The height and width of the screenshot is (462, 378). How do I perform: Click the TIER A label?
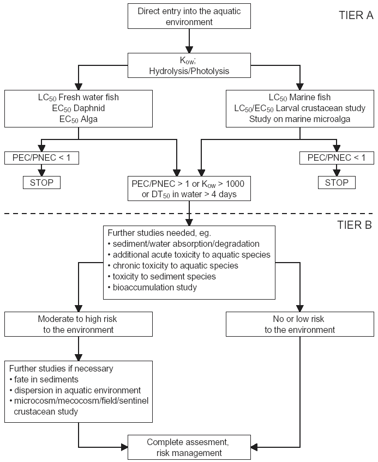tap(356, 15)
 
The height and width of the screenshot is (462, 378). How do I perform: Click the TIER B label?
tap(355, 225)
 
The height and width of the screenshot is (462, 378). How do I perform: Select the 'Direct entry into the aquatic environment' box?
tap(189, 16)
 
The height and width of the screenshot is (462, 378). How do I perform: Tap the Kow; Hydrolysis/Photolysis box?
tap(189, 65)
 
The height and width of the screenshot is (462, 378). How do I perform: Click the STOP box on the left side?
tap(41, 183)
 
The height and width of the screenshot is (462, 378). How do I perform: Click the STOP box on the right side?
tap(337, 183)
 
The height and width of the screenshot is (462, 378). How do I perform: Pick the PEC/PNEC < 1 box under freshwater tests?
tap(41, 157)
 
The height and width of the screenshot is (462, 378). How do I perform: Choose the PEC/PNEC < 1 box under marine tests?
tap(337, 157)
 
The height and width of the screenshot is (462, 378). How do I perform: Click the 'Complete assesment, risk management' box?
tap(189, 447)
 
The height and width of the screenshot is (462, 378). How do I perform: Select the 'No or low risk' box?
tap(300, 324)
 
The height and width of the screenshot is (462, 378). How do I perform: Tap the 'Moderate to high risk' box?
tap(79, 324)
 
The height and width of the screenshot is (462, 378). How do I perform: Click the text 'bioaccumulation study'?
tap(154, 287)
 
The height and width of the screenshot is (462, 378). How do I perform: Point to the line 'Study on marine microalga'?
tap(300, 119)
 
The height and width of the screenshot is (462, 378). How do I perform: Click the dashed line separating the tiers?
tap(189, 214)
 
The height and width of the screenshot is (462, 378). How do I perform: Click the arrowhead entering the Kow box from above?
tap(189, 50)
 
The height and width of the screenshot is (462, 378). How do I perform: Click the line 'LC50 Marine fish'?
tap(300, 98)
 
